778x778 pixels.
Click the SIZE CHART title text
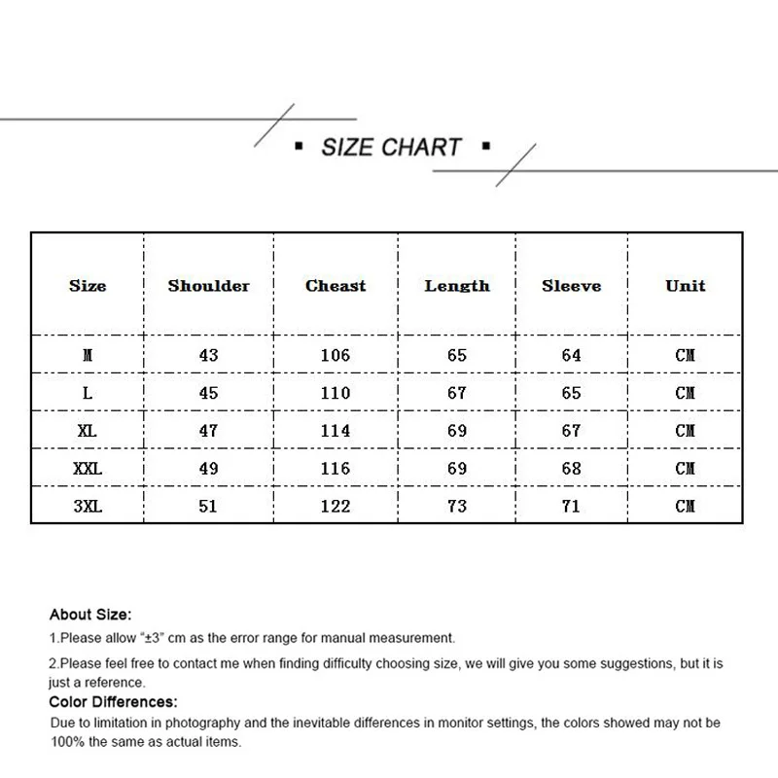point(391,148)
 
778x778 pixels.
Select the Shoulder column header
point(208,286)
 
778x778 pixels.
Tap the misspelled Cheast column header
point(336,286)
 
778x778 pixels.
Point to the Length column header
point(457,286)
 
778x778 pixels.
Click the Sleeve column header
point(571,286)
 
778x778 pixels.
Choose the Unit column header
point(685,286)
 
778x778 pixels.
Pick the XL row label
point(88,431)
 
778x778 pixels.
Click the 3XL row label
point(88,506)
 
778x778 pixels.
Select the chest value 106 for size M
point(336,355)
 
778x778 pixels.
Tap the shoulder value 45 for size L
point(208,393)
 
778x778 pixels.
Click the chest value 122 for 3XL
point(336,506)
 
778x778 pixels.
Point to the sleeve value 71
point(571,506)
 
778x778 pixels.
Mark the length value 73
point(457,506)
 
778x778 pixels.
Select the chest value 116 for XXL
point(336,469)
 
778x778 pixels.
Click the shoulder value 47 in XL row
point(208,431)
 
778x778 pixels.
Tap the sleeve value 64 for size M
point(571,355)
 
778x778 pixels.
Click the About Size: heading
point(90,615)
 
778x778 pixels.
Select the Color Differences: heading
point(113,701)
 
